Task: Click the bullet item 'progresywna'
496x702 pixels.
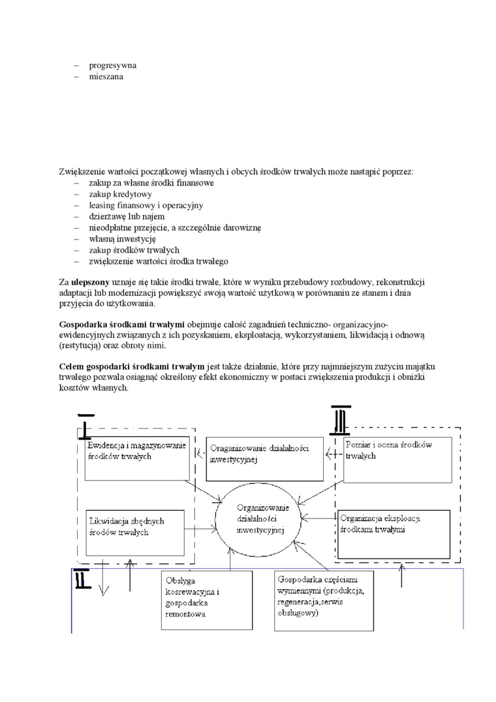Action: pos(112,65)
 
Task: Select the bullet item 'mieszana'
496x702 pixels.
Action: pos(106,76)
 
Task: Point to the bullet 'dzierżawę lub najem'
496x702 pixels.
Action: pos(127,216)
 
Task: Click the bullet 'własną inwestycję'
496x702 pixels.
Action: pos(122,238)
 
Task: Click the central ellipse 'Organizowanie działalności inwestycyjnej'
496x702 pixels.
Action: pos(260,519)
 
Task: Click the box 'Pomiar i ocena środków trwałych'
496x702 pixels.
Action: pos(397,458)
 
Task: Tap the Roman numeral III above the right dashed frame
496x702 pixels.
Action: pos(341,418)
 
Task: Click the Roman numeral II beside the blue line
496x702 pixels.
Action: pos(82,579)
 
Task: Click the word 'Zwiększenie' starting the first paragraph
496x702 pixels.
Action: pos(80,172)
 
